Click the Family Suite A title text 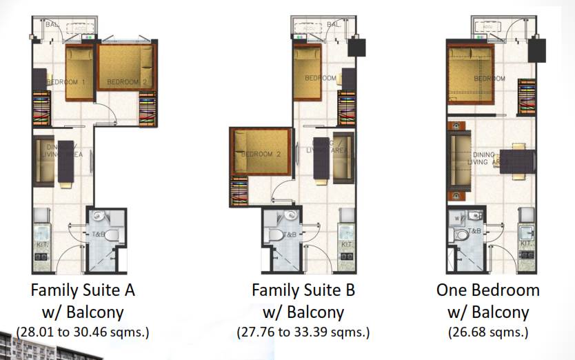pyautogui.click(x=82, y=290)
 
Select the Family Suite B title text pyautogui.click(x=303, y=290)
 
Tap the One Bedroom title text pyautogui.click(x=487, y=290)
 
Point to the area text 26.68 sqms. pyautogui.click(x=487, y=332)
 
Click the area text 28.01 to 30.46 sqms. pyautogui.click(x=82, y=332)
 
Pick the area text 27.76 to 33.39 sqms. pyautogui.click(x=303, y=332)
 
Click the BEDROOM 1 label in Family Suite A pyautogui.click(x=66, y=82)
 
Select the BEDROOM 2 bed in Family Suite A pyautogui.click(x=127, y=67)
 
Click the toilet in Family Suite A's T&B pyautogui.click(x=112, y=234)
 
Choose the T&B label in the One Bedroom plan pyautogui.click(x=474, y=231)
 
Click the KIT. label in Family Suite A pyautogui.click(x=41, y=243)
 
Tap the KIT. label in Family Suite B pyautogui.click(x=347, y=245)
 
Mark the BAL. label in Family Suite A pyautogui.click(x=52, y=24)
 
